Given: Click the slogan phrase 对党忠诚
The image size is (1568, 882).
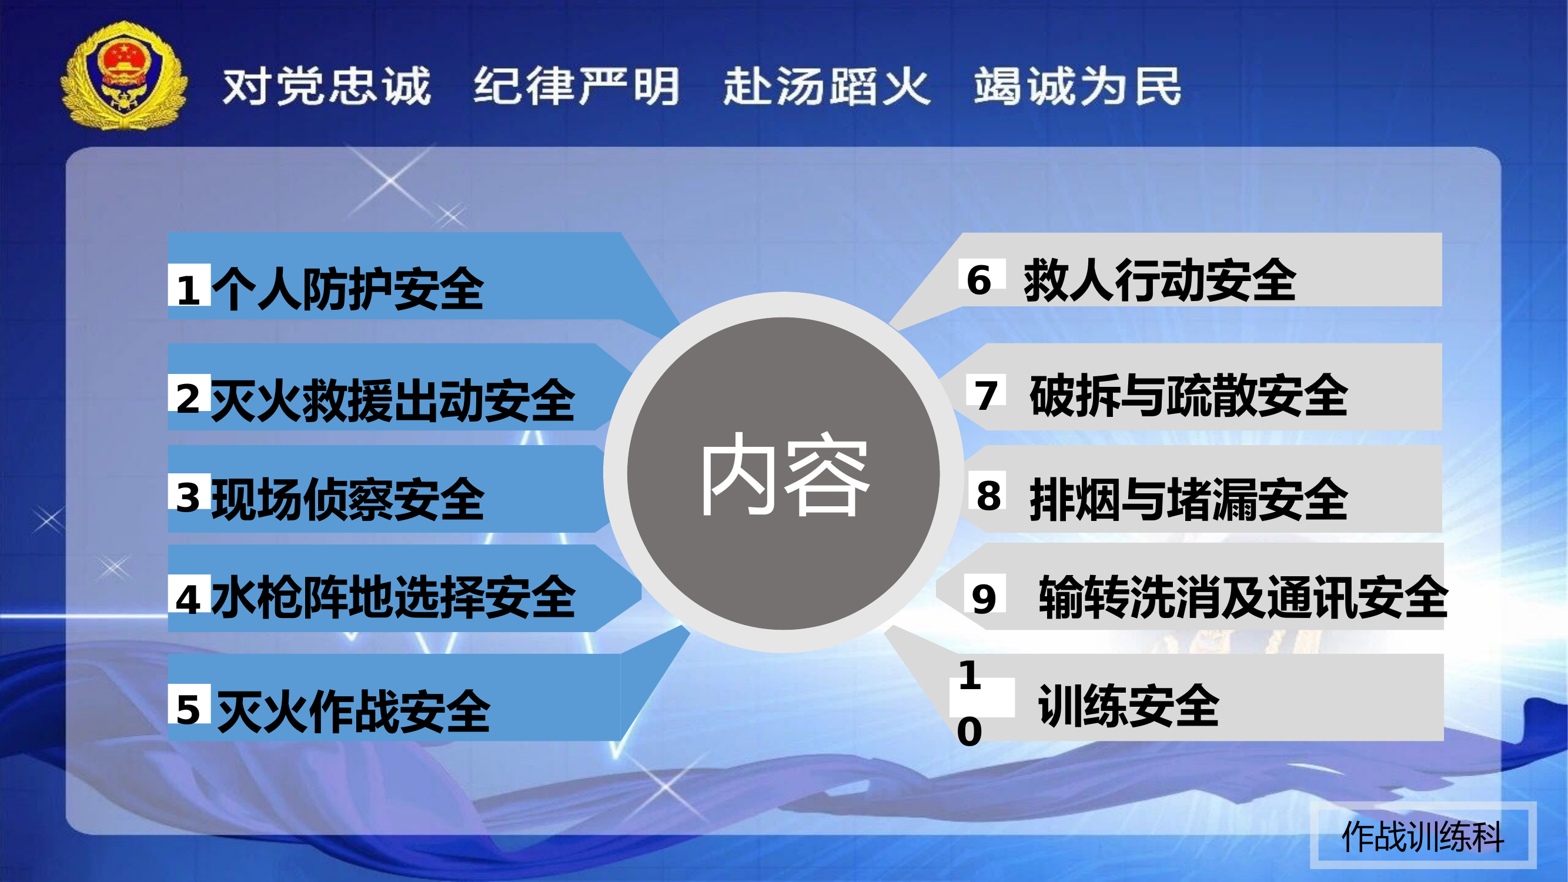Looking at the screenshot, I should [x=327, y=86].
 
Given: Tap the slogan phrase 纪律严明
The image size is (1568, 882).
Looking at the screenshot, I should [x=576, y=86].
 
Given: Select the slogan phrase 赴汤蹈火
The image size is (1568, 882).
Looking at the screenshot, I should [x=827, y=86].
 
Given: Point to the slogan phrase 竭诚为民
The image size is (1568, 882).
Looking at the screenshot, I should [x=1078, y=86].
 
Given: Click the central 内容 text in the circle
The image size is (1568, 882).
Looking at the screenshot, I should [x=784, y=475].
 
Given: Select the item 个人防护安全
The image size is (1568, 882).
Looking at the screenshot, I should [x=347, y=289].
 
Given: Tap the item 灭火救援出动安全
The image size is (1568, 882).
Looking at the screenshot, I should [x=393, y=400].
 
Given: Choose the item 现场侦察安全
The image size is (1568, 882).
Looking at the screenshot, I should [x=347, y=499].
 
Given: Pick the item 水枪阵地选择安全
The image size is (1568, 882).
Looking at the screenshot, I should [x=393, y=597].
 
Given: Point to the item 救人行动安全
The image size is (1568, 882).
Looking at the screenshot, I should [x=1159, y=280].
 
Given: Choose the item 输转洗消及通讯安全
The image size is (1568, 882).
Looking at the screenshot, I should [x=1242, y=597].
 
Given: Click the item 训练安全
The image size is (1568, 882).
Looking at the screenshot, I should [x=1128, y=706].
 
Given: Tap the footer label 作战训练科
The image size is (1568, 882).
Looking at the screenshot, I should [x=1423, y=837].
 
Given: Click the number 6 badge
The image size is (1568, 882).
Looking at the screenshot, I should [x=979, y=280].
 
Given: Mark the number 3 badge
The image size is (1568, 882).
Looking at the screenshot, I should [x=189, y=496].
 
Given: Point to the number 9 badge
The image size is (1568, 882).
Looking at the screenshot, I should [x=984, y=598].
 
